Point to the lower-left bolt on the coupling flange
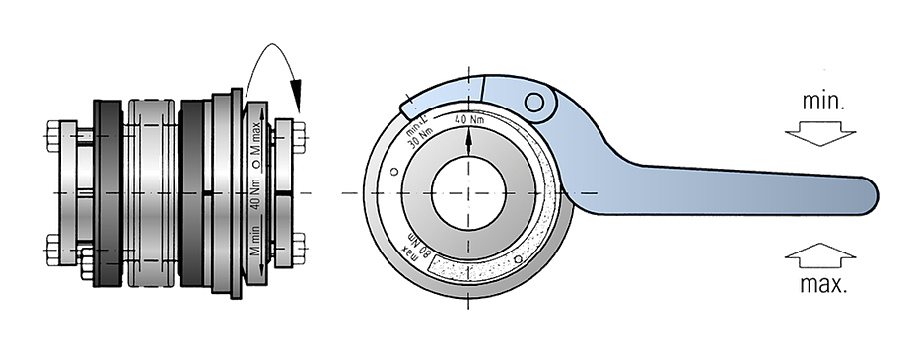coord(52,244)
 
